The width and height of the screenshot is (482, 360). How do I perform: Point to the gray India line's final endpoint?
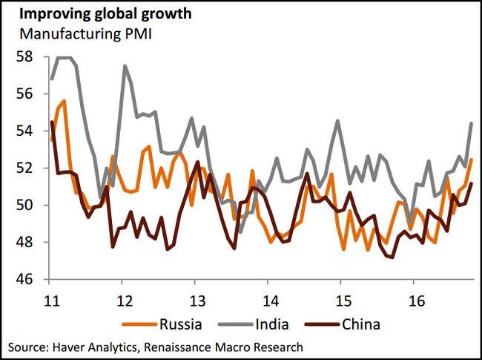[x=472, y=123]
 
